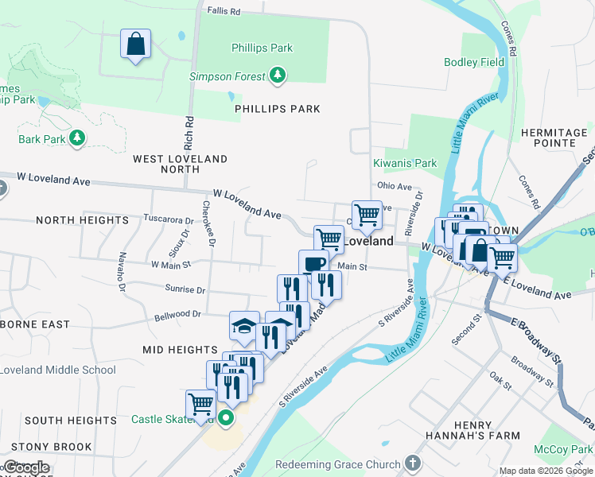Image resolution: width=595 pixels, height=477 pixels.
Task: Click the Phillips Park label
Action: [x=262, y=48]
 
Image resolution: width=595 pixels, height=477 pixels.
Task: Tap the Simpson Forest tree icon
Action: [x=278, y=76]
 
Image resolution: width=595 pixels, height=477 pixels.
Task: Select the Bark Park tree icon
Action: [x=77, y=138]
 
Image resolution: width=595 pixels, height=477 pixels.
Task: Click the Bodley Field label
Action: [x=474, y=62]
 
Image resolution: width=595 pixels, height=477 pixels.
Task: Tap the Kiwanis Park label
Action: [x=406, y=163]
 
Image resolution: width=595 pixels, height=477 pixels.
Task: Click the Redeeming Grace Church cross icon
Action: [x=412, y=463]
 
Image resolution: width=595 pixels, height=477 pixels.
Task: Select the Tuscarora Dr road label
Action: [x=168, y=219]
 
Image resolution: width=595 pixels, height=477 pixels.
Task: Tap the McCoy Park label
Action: [x=568, y=449]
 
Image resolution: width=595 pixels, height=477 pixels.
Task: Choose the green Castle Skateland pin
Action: [x=227, y=417]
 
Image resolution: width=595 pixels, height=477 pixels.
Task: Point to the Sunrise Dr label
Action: [x=185, y=289]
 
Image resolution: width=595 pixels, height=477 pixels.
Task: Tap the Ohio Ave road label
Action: [x=395, y=187]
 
